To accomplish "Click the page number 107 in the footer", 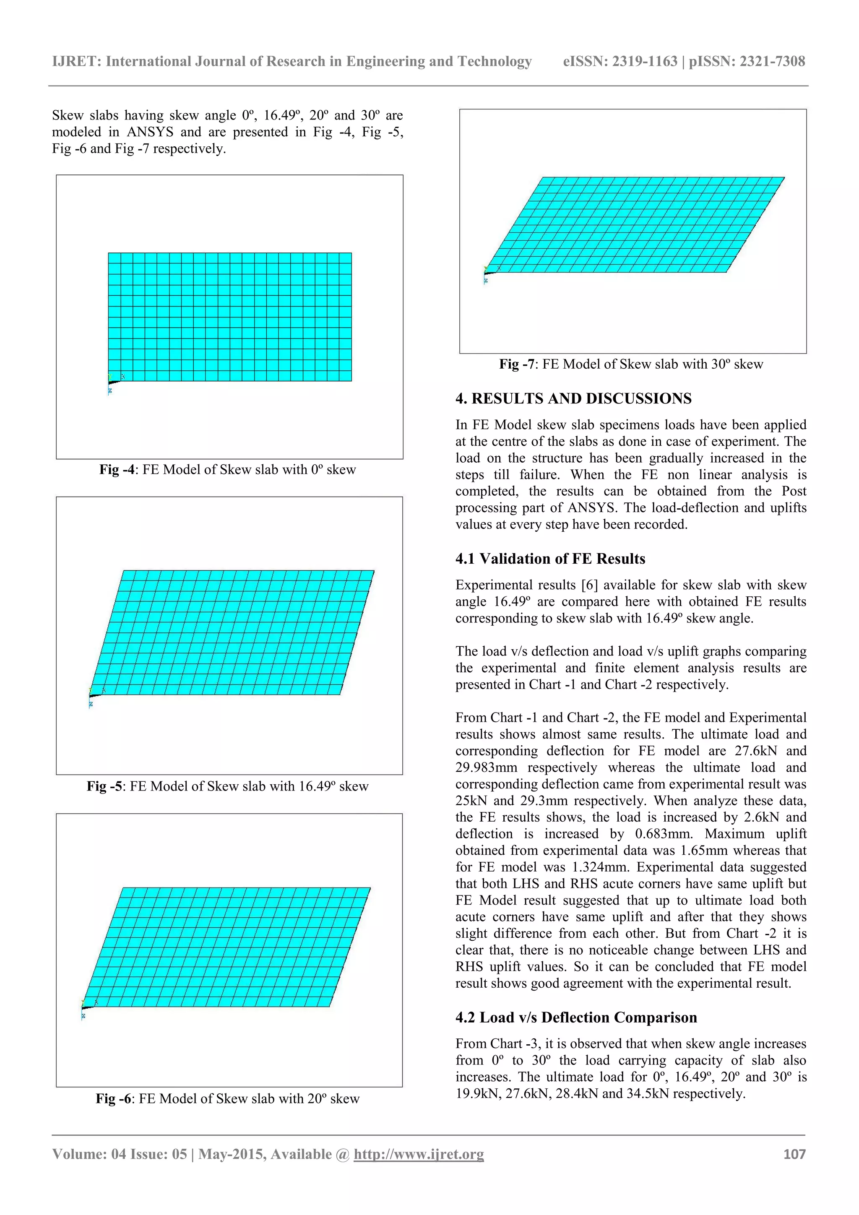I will coord(794,1154).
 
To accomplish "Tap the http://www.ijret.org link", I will coord(419,1154).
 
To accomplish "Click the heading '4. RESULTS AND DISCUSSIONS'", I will coord(573,398).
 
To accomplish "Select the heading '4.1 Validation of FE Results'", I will coord(550,559).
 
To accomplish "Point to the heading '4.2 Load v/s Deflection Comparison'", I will coord(576,1017).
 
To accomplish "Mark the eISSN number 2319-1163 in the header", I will coord(645,61).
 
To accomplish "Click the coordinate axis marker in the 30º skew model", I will coord(488,272).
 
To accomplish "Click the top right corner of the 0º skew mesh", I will coord(351,253).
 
